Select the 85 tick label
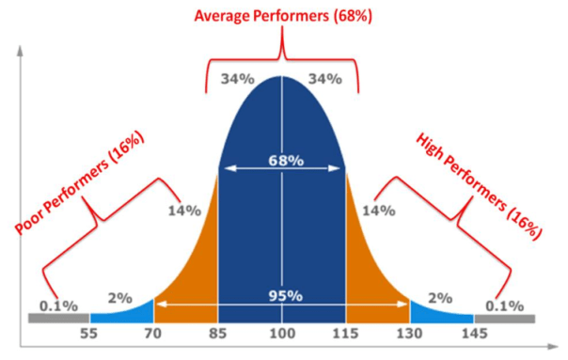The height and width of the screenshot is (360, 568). coord(218,334)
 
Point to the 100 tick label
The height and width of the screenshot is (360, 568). coord(282,334)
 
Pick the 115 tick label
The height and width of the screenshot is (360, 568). coord(345,334)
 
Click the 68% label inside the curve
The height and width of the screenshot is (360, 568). coord(282,161)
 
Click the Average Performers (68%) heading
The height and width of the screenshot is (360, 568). coord(282,16)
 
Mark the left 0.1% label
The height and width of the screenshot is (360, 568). coord(58,305)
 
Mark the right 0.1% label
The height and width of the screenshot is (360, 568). coord(505,305)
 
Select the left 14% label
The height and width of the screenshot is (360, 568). coord(184,211)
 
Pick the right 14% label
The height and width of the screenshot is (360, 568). coord(379,211)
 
